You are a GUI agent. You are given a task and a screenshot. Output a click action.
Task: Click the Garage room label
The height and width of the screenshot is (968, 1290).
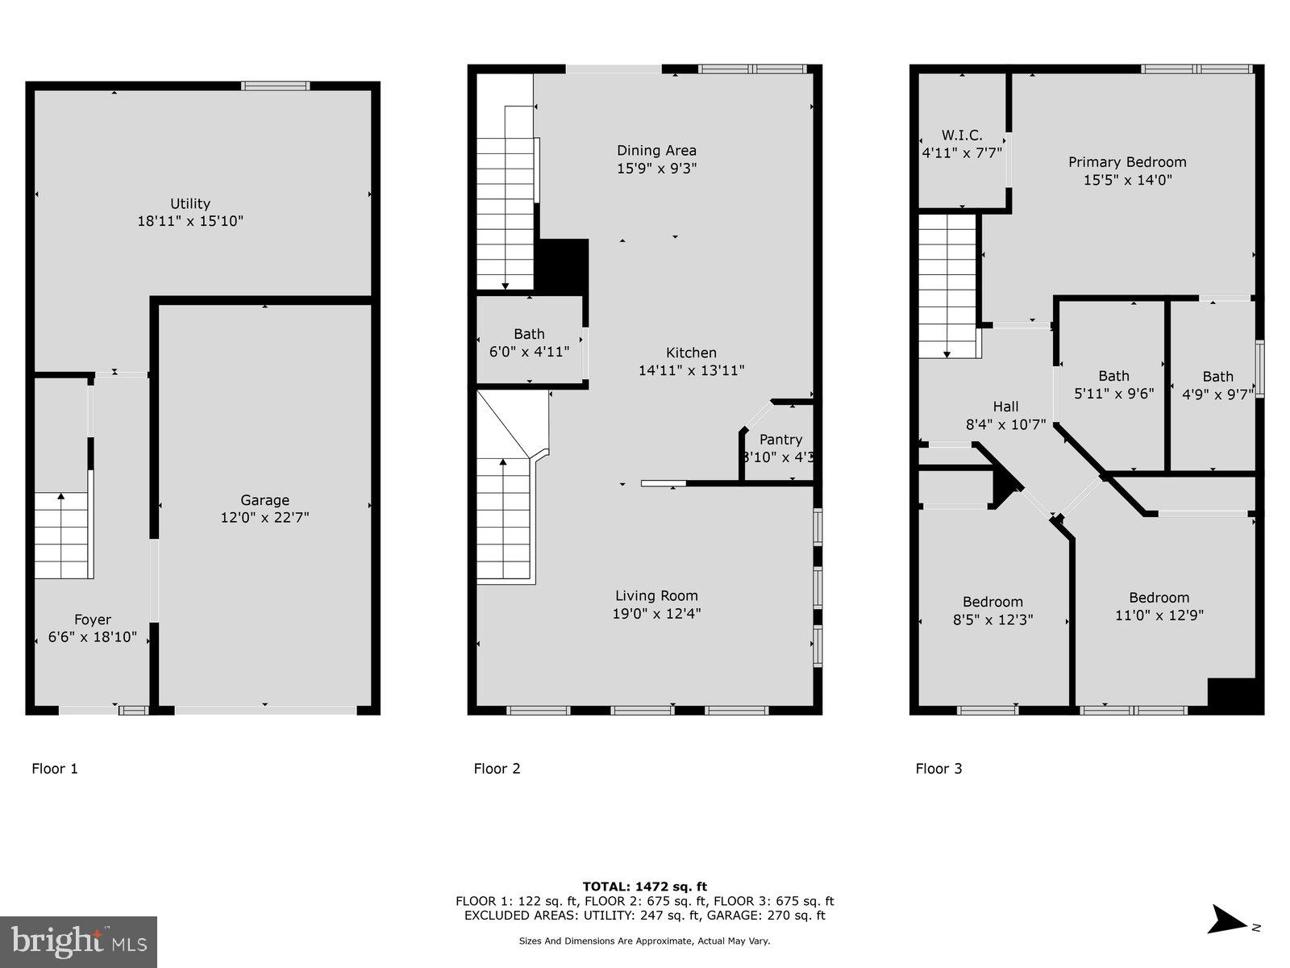coord(264,500)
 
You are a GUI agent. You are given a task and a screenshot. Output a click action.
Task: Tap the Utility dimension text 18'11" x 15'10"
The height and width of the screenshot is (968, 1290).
coord(190,221)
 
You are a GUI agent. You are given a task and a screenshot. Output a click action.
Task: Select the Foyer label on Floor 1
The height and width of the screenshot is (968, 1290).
coord(93,620)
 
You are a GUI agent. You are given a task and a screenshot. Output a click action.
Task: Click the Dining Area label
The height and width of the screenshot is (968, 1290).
coord(656,151)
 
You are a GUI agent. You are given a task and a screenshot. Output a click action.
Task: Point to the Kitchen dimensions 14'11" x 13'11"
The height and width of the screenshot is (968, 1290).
coord(691,371)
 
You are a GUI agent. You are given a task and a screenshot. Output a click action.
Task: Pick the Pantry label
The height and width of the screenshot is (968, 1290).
coord(780,440)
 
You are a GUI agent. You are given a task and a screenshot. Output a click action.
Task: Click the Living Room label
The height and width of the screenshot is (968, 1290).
coord(656,596)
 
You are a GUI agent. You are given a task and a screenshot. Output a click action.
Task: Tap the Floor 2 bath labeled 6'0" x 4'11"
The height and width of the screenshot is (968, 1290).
coord(529,342)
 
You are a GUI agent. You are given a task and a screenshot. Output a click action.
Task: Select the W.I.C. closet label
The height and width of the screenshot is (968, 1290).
coord(962,136)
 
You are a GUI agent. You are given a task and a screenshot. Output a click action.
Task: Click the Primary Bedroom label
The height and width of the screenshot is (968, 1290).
coord(1127,162)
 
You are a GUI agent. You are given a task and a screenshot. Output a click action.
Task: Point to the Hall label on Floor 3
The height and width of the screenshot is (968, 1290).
coord(1005,407)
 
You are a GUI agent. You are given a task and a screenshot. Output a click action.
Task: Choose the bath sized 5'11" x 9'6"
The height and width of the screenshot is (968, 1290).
coord(1113,385)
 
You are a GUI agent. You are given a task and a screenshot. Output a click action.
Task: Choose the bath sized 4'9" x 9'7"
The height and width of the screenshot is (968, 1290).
coord(1217,386)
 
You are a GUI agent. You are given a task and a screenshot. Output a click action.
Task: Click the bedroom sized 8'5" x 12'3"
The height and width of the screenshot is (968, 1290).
coord(992,611)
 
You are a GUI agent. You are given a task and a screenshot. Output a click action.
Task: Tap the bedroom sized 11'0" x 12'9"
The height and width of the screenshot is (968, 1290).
coord(1159,607)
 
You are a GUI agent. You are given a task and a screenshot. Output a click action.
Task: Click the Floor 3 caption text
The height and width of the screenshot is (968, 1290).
coord(938,769)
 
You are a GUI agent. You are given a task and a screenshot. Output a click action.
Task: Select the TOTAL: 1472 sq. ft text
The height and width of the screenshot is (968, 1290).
coord(644,887)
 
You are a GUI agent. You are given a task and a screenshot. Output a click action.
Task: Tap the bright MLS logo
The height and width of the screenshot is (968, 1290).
coord(79,941)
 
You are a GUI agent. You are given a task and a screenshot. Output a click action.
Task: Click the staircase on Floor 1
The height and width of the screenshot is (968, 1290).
coord(62,536)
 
